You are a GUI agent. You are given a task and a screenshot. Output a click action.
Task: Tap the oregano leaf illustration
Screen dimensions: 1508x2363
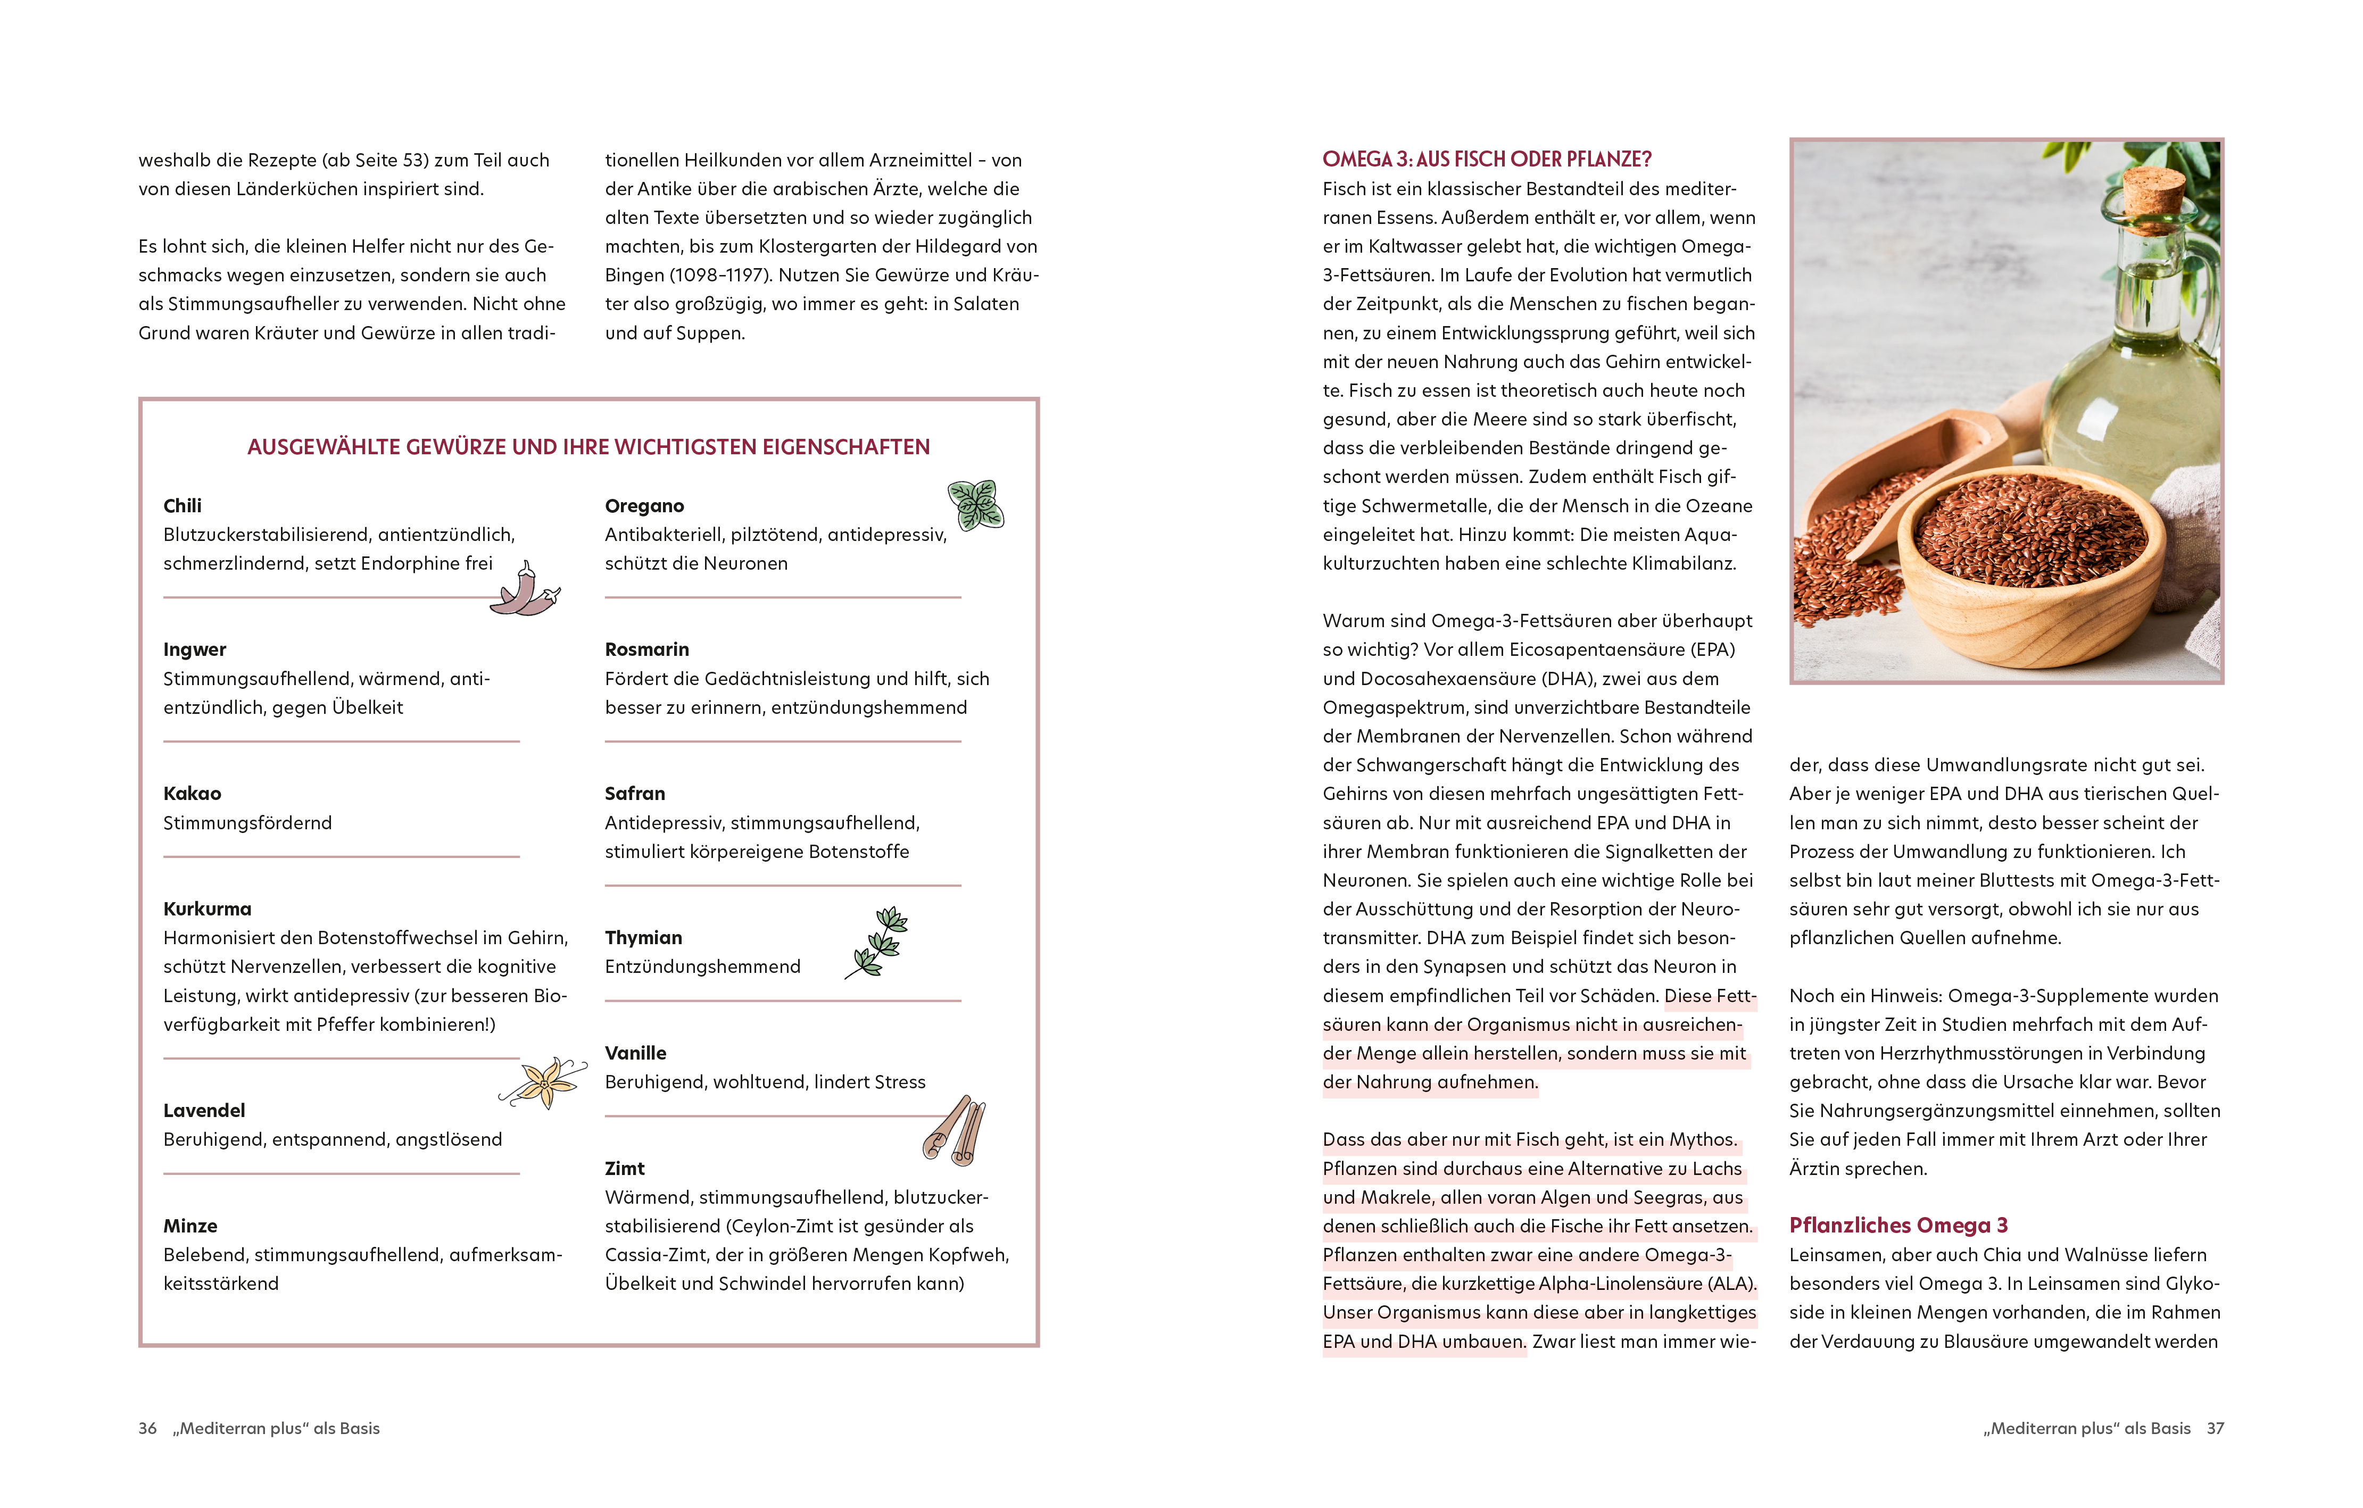(975, 505)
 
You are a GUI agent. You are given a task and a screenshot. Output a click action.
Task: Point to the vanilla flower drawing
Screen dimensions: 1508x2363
(543, 1082)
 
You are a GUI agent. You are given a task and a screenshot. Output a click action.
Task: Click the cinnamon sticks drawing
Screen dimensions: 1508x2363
(955, 1131)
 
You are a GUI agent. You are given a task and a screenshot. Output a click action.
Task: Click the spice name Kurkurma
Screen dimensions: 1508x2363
(207, 909)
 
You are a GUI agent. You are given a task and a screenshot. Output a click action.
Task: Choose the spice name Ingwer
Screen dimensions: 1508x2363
(194, 649)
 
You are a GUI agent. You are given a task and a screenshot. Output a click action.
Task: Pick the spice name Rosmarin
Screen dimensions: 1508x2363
(646, 649)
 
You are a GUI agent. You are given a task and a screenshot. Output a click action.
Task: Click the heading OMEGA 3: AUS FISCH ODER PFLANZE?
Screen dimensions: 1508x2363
(1487, 159)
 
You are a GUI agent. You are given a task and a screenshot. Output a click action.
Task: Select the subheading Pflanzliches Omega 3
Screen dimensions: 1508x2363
(1898, 1226)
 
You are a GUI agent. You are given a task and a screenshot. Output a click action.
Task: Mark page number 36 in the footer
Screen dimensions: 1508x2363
(147, 1429)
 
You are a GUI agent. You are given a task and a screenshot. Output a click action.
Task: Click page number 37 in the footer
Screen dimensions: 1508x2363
(2215, 1429)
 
